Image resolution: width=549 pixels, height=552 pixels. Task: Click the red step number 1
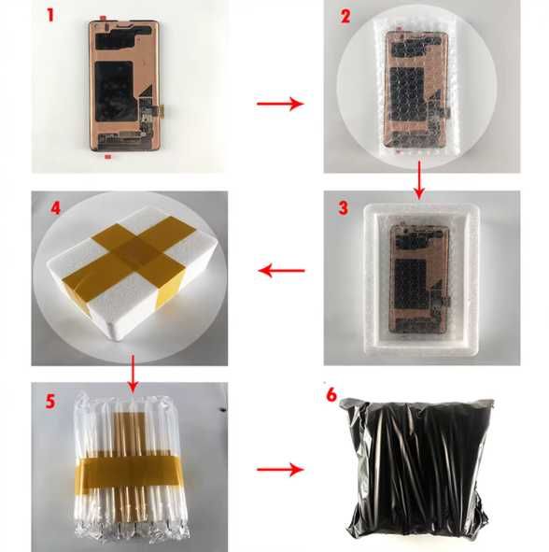pyautogui.click(x=50, y=16)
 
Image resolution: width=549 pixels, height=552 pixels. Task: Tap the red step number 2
pyautogui.click(x=345, y=16)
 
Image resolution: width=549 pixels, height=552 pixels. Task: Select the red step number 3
pyautogui.click(x=343, y=208)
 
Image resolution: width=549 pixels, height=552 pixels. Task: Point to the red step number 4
pyautogui.click(x=56, y=208)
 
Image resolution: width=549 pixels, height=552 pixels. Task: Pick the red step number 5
pyautogui.click(x=50, y=402)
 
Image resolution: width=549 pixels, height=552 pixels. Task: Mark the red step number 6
pyautogui.click(x=331, y=395)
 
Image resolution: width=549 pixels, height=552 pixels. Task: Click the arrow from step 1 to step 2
pyautogui.click(x=280, y=104)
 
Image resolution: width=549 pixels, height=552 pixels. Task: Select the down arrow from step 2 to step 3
pyautogui.click(x=419, y=179)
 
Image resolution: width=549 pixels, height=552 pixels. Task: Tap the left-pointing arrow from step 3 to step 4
pyautogui.click(x=281, y=271)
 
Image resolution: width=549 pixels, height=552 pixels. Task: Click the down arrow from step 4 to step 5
pyautogui.click(x=133, y=374)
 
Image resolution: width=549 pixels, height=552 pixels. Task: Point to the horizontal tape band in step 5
pyautogui.click(x=128, y=471)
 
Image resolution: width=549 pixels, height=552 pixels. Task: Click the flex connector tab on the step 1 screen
pyautogui.click(x=162, y=110)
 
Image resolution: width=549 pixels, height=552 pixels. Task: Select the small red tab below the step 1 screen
pyautogui.click(x=108, y=156)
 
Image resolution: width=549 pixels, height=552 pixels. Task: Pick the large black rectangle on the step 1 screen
pyautogui.click(x=115, y=92)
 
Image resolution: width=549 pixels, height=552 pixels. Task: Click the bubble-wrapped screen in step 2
pyautogui.click(x=417, y=90)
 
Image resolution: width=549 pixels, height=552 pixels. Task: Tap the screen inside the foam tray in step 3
pyautogui.click(x=419, y=277)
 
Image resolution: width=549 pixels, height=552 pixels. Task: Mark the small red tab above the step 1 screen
pyautogui.click(x=103, y=17)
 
